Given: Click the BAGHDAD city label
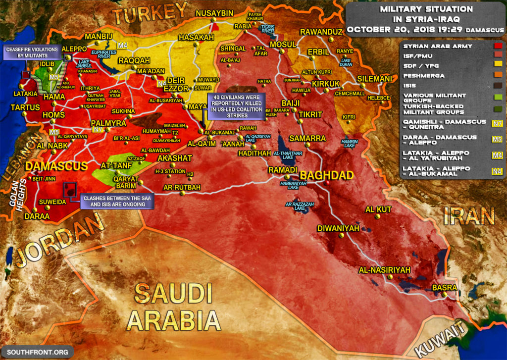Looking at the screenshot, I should (x=327, y=175).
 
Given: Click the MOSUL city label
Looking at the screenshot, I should (x=282, y=45).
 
